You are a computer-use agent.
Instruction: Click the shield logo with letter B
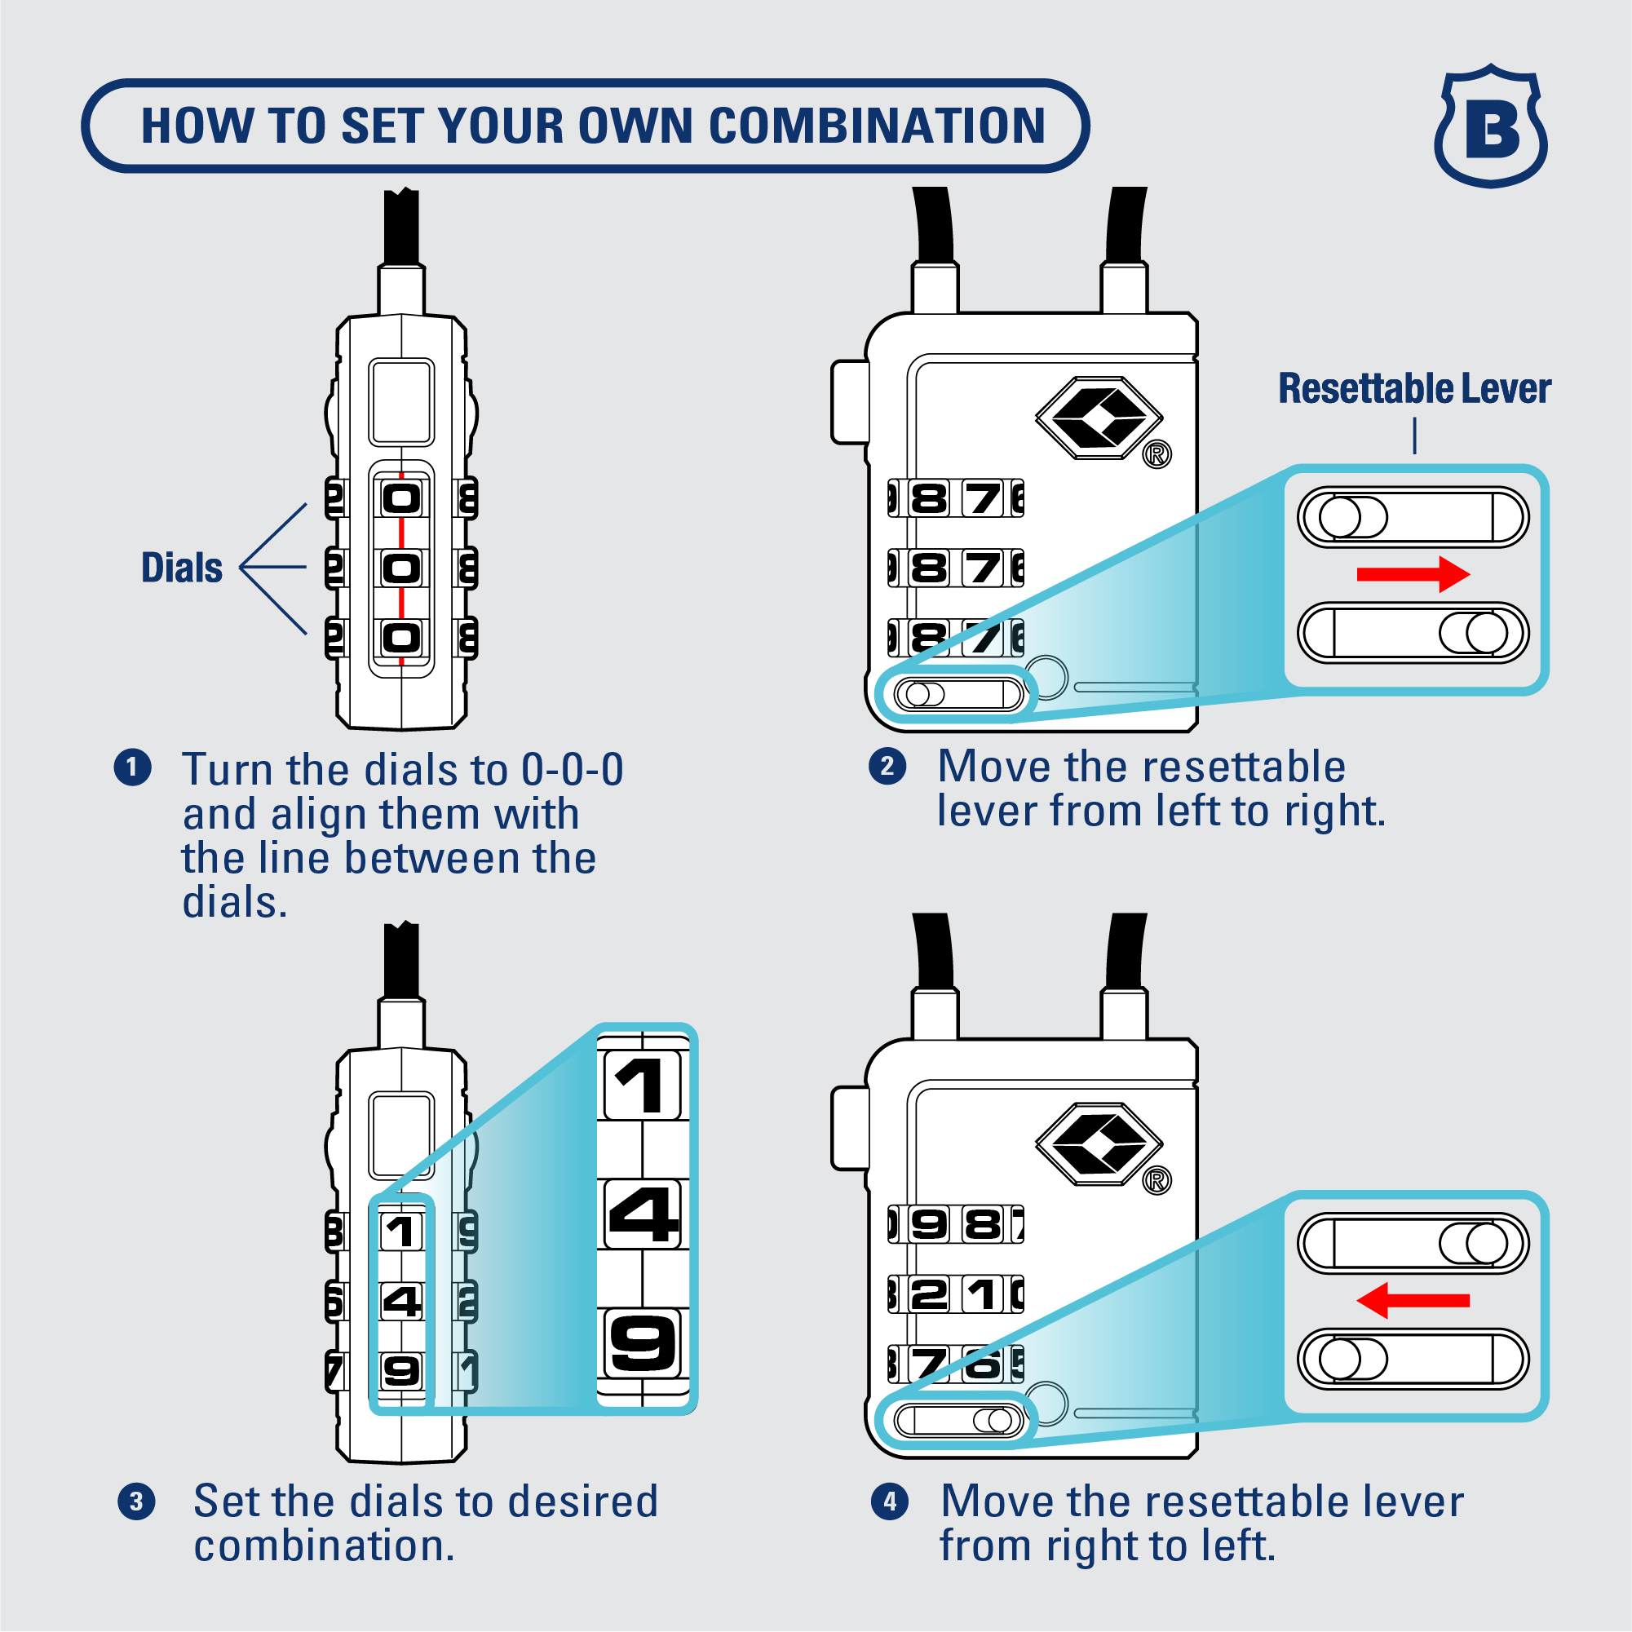pos(1491,126)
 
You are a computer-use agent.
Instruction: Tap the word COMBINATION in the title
pos(877,126)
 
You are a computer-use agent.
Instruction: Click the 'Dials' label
pos(182,568)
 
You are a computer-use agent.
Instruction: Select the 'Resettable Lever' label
pos(1414,388)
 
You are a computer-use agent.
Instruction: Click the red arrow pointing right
pos(1413,574)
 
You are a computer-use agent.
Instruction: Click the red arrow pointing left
pos(1413,1301)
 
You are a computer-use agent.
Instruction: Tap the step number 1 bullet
pos(133,767)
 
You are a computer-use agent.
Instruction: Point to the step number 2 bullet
pos(887,766)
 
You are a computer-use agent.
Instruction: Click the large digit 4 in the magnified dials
pos(644,1214)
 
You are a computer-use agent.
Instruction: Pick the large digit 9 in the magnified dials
pos(644,1342)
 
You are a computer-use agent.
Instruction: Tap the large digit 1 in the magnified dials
pos(642,1086)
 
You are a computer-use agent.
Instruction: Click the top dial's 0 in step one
pos(401,498)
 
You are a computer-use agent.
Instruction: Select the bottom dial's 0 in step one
pos(401,638)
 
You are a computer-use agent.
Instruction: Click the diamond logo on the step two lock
pos(1098,418)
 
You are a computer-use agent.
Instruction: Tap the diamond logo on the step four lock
pos(1098,1143)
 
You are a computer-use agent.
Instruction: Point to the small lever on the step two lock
pos(958,694)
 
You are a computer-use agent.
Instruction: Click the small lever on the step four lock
pos(958,1421)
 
